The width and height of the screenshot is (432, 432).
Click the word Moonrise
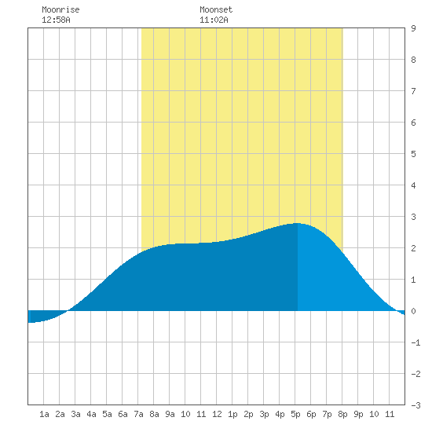[60, 9]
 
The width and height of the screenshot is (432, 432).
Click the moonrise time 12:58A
[56, 20]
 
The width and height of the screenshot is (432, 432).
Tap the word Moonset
[216, 9]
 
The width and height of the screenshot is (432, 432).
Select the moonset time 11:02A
[214, 20]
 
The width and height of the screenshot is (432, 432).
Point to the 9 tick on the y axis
[413, 28]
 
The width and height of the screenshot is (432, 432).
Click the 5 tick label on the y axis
[413, 154]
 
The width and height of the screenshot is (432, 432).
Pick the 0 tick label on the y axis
[413, 311]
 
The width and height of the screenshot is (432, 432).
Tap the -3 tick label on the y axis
[416, 405]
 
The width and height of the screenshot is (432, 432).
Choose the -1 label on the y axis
[416, 342]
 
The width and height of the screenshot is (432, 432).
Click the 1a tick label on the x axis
[44, 414]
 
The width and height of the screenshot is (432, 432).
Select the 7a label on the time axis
[138, 414]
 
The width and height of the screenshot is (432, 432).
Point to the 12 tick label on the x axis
[217, 414]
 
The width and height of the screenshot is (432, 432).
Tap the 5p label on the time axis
[295, 414]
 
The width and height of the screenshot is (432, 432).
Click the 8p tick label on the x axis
[342, 414]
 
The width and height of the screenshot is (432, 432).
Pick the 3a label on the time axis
[75, 414]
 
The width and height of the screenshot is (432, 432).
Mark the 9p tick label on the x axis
[358, 414]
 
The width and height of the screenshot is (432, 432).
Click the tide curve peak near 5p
[297, 223]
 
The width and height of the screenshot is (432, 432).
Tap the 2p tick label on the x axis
[248, 414]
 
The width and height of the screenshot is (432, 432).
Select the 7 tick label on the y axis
[413, 91]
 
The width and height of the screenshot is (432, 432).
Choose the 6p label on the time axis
[311, 414]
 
